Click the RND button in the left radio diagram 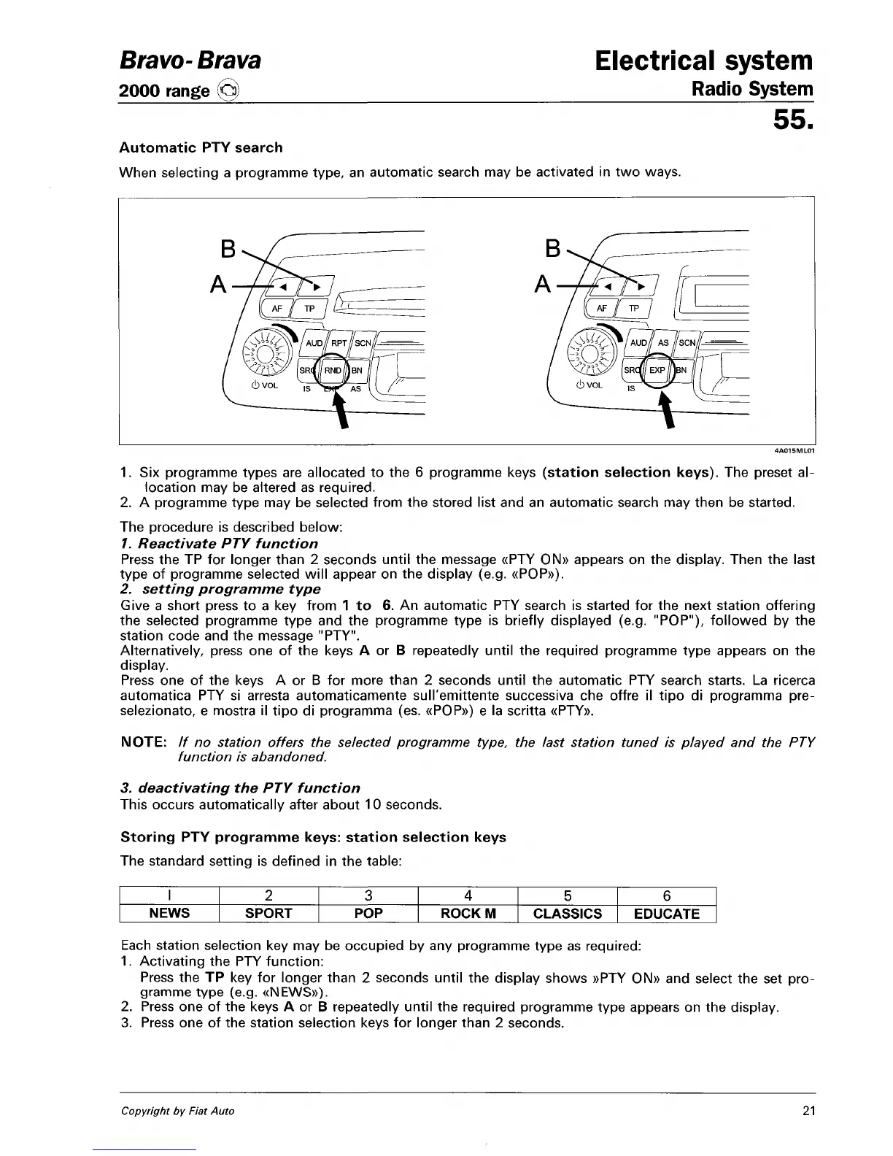click(333, 371)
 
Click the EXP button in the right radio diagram click(657, 371)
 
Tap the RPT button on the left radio click(340, 343)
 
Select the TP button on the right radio click(634, 309)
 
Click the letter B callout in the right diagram click(554, 250)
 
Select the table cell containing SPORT click(268, 914)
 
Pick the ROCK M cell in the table click(468, 914)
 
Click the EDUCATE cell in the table click(666, 914)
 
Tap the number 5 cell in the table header click(567, 896)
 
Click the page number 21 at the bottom click(808, 1111)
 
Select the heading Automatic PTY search click(201, 147)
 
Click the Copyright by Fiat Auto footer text click(178, 1111)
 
